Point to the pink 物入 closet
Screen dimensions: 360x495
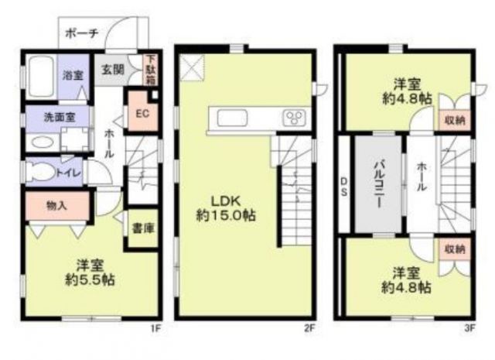point(55,206)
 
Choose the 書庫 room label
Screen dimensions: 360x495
point(140,228)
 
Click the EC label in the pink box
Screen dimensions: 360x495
point(142,113)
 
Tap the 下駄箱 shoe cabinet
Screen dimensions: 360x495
point(152,69)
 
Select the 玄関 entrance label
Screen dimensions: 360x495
point(113,69)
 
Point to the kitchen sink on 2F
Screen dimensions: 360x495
point(233,118)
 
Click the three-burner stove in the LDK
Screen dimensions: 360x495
point(294,118)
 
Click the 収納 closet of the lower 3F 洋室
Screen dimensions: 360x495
point(455,249)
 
